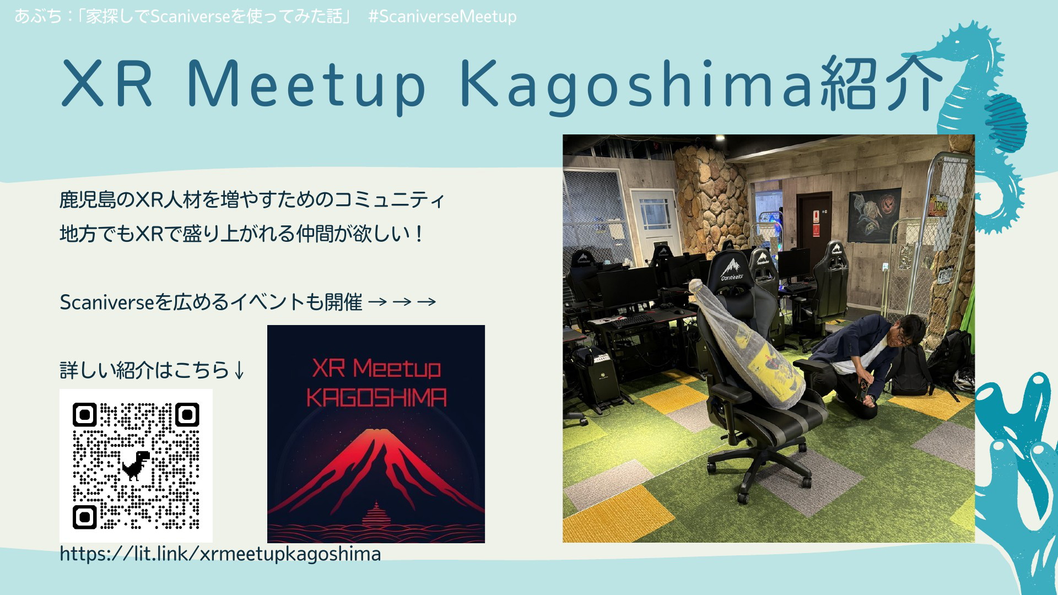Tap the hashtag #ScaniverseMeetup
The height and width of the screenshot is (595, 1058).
pyautogui.click(x=442, y=17)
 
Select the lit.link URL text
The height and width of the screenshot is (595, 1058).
pyautogui.click(x=220, y=554)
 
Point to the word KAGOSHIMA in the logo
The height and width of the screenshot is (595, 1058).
pyautogui.click(x=376, y=398)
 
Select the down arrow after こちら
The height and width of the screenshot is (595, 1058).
pyautogui.click(x=239, y=370)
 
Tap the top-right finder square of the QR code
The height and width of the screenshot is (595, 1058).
pyautogui.click(x=187, y=415)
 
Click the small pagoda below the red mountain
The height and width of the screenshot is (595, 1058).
pyautogui.click(x=376, y=515)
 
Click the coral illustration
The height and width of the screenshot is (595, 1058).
pyautogui.click(x=1017, y=485)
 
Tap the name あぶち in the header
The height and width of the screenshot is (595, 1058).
pyautogui.click(x=38, y=17)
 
